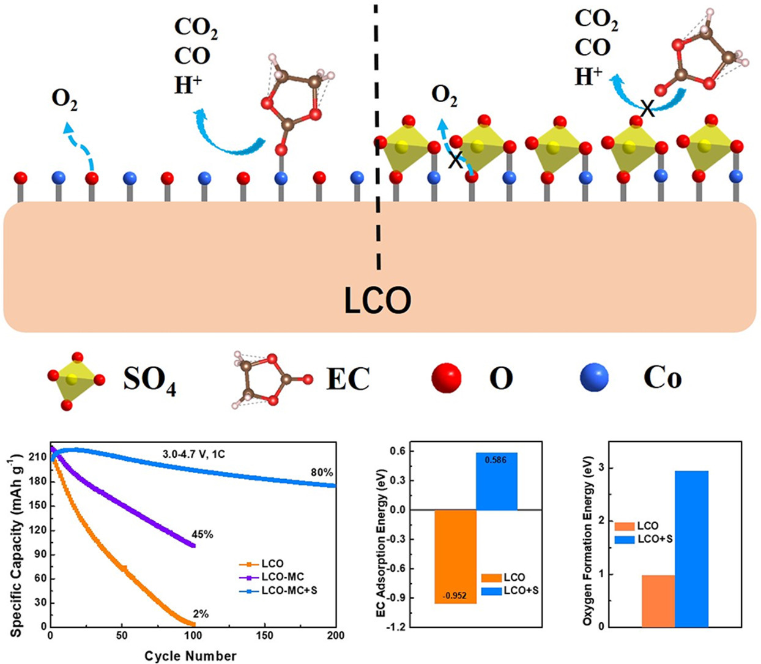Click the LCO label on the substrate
coord(377,300)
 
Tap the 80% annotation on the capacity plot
coord(322,472)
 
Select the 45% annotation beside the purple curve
coord(202,534)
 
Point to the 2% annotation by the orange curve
coord(201,614)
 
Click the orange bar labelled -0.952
coord(455,556)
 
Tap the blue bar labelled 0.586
coord(496,481)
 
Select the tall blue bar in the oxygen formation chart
coord(691,548)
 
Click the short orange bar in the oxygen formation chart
coord(658,600)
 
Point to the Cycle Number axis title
coord(190,656)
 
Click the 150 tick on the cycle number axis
coord(265,636)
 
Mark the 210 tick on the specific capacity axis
coord(39,457)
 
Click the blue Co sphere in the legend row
coord(594,378)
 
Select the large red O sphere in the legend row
coord(446,378)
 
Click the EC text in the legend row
coord(348,379)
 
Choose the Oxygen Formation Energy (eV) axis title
coord(588,540)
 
